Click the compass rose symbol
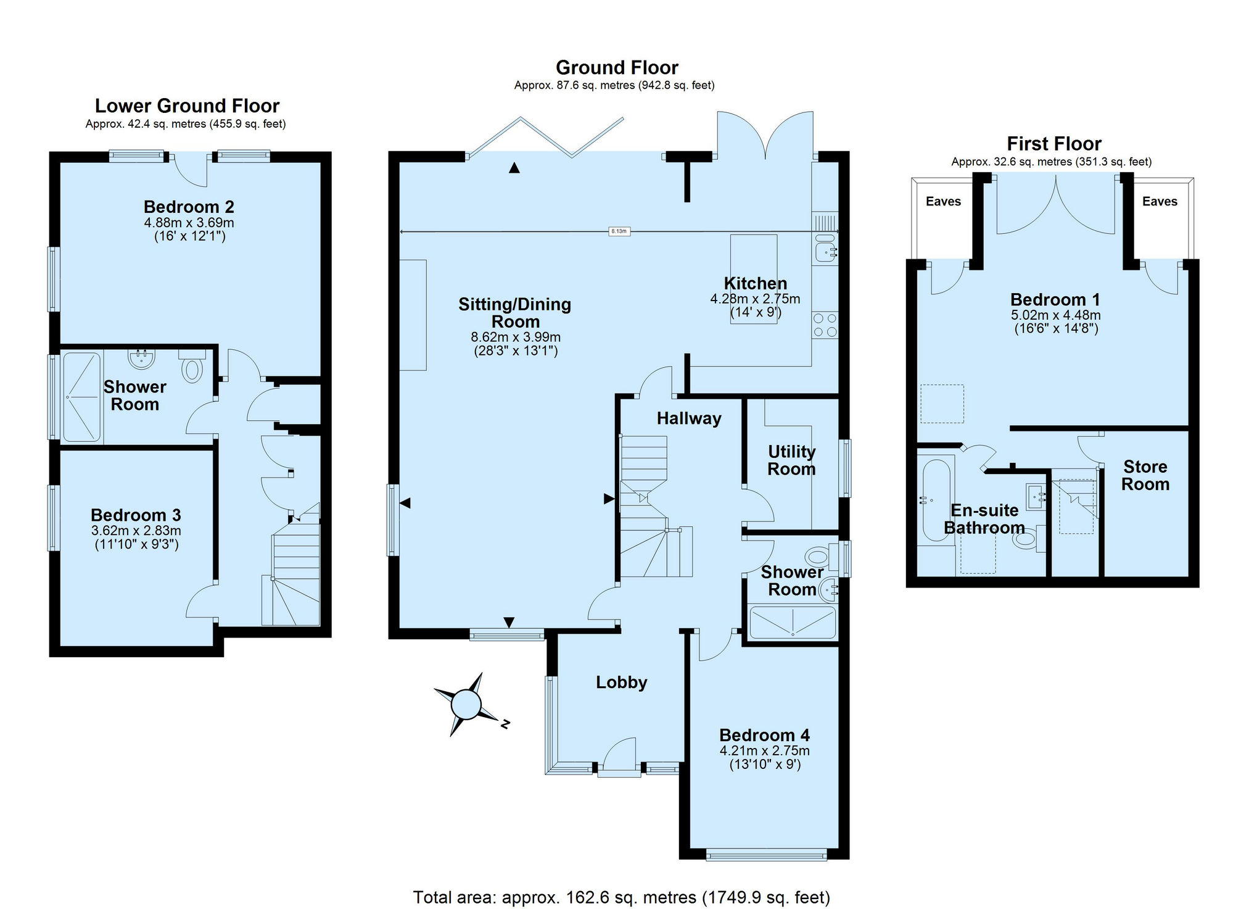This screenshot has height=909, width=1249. tap(467, 704)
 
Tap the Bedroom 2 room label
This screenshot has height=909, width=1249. tap(189, 207)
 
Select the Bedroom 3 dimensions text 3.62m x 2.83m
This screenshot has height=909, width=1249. tap(136, 531)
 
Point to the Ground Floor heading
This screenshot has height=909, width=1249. tap(617, 67)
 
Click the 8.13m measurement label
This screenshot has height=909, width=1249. tap(619, 231)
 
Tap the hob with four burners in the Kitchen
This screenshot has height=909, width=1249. tap(825, 325)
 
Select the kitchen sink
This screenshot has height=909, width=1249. tap(825, 249)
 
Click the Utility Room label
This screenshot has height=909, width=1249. tap(791, 460)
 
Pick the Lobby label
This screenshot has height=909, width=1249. tap(621, 683)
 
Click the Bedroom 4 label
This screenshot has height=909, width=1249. tap(764, 735)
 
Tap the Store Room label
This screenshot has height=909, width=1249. tap(1145, 475)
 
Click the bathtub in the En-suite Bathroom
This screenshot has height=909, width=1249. tap(936, 500)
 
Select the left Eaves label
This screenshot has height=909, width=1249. tap(943, 201)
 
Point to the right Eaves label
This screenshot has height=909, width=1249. tap(1160, 201)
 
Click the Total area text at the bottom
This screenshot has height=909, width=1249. tap(621, 897)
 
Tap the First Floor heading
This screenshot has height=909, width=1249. tap(1053, 144)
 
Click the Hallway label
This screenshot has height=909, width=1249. tap(688, 419)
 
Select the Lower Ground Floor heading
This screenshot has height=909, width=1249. tap(187, 106)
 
